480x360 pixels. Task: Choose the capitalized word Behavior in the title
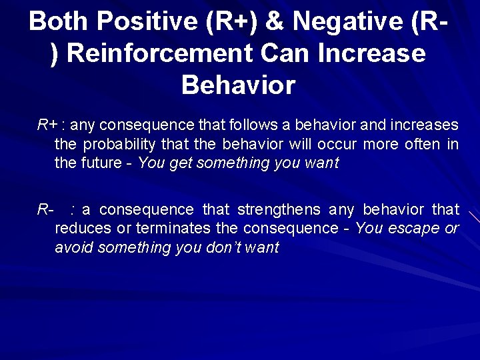(238, 85)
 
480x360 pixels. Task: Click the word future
(101, 163)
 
